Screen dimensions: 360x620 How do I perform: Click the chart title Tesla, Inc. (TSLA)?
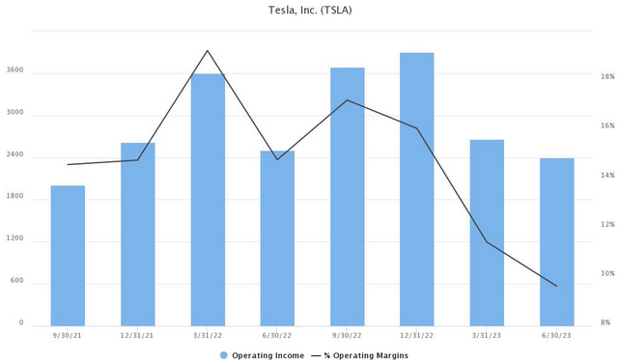309,11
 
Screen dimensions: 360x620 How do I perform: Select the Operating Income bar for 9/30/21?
68,255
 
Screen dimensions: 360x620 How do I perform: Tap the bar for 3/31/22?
208,199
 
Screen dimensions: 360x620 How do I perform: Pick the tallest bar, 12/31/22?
416,188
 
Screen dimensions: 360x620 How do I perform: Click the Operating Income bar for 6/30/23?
556,241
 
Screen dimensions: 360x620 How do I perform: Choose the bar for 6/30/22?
277,237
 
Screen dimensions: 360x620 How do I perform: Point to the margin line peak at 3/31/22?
208,50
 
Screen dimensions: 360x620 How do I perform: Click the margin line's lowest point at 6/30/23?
556,286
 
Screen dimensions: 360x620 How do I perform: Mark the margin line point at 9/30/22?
347,100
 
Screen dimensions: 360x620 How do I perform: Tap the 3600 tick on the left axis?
14,72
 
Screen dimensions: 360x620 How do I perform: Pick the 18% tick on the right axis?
607,77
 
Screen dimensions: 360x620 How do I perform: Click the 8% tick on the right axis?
605,323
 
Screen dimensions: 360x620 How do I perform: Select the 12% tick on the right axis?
607,225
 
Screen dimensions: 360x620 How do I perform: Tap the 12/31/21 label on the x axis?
137,335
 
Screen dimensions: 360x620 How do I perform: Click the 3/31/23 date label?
486,335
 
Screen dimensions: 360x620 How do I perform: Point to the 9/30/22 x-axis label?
347,335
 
